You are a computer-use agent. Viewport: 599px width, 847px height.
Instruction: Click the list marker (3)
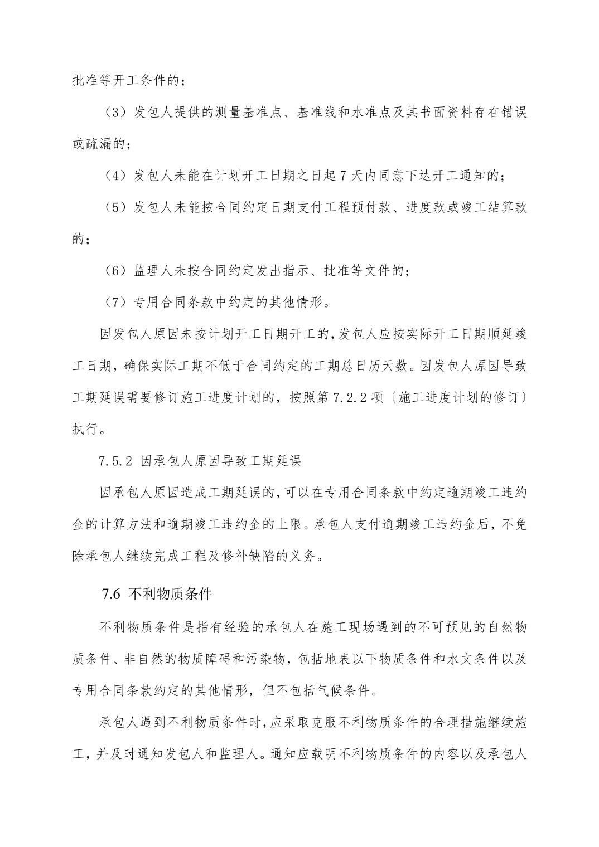pos(114,113)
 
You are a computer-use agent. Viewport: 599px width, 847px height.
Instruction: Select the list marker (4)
pos(114,176)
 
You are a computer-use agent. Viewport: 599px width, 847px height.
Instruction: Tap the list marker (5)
pos(114,208)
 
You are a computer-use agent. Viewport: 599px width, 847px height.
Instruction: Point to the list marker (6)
pos(114,271)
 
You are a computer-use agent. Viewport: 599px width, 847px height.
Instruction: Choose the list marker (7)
pos(114,303)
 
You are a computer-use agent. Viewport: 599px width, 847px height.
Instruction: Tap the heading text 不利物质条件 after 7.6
pos(170,594)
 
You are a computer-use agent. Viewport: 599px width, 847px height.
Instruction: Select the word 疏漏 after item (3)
pos(100,144)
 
